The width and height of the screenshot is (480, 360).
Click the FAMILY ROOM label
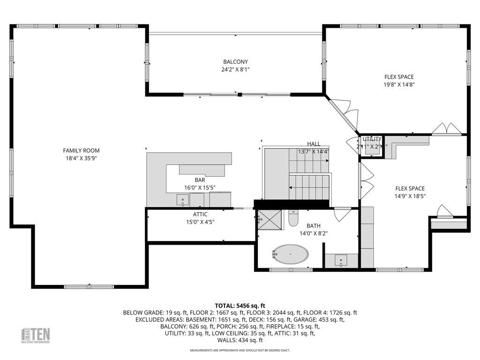coord(81,150)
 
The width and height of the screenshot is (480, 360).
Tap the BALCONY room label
coord(235,62)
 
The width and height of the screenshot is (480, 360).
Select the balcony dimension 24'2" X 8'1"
coord(235,69)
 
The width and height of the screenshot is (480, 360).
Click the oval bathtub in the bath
coord(290,255)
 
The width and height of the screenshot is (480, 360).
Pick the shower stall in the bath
coord(268,218)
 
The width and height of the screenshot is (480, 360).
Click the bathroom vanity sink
coord(341,260)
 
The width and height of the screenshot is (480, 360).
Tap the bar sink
coord(182,201)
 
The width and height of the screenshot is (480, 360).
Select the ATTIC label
coord(200,214)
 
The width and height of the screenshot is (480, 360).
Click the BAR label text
coord(200,180)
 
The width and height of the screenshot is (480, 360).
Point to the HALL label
coord(314,144)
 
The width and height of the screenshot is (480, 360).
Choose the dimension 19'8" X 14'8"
coord(399,85)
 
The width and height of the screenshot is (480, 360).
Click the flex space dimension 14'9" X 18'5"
coord(410,196)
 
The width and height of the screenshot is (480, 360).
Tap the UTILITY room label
coord(372,139)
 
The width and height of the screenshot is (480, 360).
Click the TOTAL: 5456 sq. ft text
coord(240,305)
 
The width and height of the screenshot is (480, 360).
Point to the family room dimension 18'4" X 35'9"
coord(81,158)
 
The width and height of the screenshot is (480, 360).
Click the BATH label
coord(314,225)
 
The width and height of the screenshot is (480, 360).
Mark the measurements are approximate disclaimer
coord(240,351)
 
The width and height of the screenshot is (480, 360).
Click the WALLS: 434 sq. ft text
coord(240,340)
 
